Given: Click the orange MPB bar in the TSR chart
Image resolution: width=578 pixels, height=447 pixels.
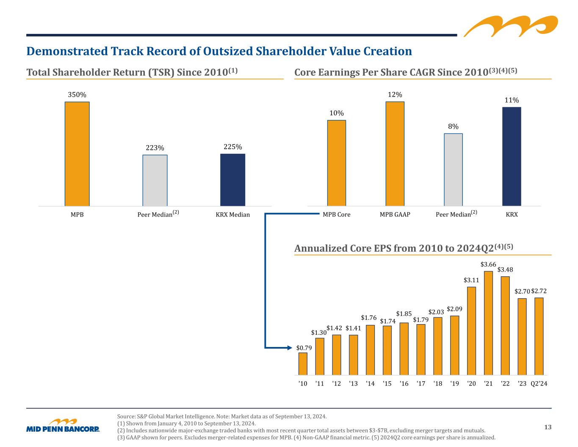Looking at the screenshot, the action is [x=77, y=154].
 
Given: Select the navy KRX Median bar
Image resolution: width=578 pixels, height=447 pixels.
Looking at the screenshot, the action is [x=233, y=180].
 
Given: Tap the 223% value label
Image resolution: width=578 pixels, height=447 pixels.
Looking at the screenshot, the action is [x=155, y=148].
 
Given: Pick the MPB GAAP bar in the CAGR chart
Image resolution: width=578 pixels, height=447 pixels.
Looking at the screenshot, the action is [x=395, y=154].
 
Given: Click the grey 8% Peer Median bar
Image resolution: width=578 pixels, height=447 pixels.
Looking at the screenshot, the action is [x=453, y=170].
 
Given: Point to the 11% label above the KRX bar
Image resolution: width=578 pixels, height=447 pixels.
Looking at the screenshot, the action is [x=512, y=100].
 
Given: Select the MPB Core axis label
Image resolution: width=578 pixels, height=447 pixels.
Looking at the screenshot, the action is [x=337, y=214].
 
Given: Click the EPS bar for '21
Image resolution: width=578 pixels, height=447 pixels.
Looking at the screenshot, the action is [x=488, y=323].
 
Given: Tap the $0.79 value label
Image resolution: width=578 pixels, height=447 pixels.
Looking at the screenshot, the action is [x=304, y=348].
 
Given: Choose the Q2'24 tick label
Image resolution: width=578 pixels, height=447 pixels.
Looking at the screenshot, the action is [x=539, y=383].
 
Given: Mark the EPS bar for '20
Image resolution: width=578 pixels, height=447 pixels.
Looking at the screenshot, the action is [x=471, y=331].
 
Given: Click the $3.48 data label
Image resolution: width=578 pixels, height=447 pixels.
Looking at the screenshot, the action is [x=505, y=269].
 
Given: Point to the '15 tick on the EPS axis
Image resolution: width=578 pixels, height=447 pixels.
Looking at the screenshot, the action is [x=387, y=383].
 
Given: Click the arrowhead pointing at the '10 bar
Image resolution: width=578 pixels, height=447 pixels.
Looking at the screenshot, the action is [x=290, y=348].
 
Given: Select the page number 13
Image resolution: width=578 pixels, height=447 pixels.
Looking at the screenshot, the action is [x=548, y=427].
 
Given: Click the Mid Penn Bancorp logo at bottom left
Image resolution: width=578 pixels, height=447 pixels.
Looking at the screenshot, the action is [x=63, y=425].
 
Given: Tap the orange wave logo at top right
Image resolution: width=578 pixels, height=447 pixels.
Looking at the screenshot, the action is [x=511, y=26].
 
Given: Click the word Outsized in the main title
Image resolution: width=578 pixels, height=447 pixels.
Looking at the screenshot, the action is [x=228, y=51].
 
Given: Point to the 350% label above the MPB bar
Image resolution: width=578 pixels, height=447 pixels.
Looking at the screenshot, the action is [x=77, y=94].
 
